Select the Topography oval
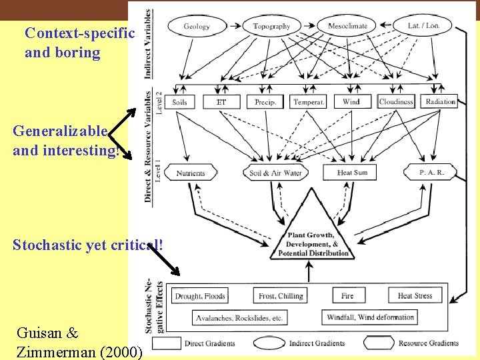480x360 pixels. [271, 27]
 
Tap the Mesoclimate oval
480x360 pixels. [347, 27]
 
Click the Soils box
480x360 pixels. [179, 102]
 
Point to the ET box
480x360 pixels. [221, 102]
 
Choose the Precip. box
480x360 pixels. [265, 102]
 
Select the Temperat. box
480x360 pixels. [309, 102]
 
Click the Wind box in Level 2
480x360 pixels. [351, 102]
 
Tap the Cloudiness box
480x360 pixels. [396, 102]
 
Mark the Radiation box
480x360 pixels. [440, 102]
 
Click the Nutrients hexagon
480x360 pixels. [191, 173]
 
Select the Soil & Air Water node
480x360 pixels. [275, 173]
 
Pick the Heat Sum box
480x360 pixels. [352, 173]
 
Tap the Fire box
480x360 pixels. [347, 295]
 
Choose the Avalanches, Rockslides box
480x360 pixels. [239, 318]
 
